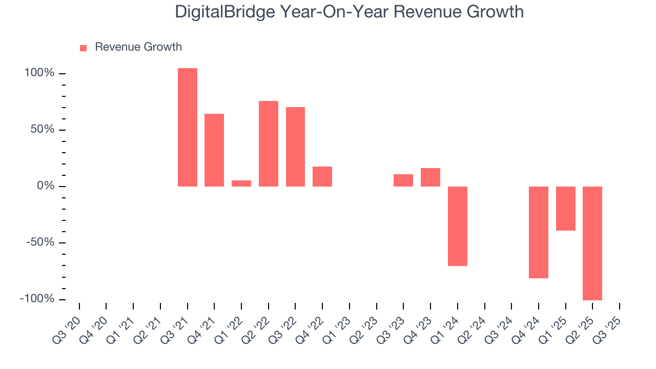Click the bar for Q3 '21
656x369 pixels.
click(x=188, y=127)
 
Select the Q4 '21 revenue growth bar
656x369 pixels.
click(x=214, y=150)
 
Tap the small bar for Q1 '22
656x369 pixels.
click(x=241, y=183)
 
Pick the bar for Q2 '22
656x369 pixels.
click(x=269, y=143)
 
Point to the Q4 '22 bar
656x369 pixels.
click(x=322, y=176)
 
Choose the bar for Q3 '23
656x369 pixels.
click(x=403, y=180)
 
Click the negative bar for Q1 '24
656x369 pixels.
click(x=458, y=226)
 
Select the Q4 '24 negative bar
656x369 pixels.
click(x=539, y=232)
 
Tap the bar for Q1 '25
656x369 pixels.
click(x=566, y=209)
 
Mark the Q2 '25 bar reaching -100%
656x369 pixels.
click(x=592, y=243)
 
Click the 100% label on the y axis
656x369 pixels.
click(x=39, y=73)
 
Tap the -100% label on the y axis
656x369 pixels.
click(x=37, y=299)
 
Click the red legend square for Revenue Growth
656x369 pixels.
click(x=84, y=48)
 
